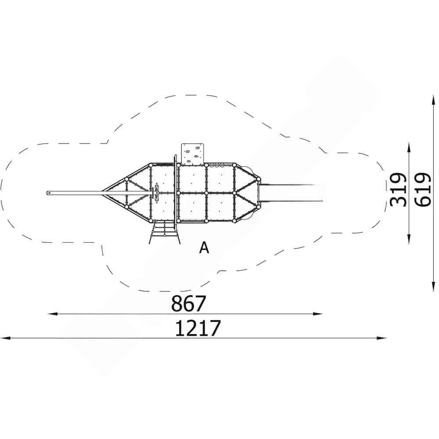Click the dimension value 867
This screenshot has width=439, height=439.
[188, 303]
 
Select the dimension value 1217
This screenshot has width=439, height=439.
[198, 328]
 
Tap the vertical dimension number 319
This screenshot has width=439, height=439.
[398, 190]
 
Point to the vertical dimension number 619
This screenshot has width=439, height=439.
[422, 190]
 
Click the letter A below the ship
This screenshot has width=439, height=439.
[204, 248]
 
